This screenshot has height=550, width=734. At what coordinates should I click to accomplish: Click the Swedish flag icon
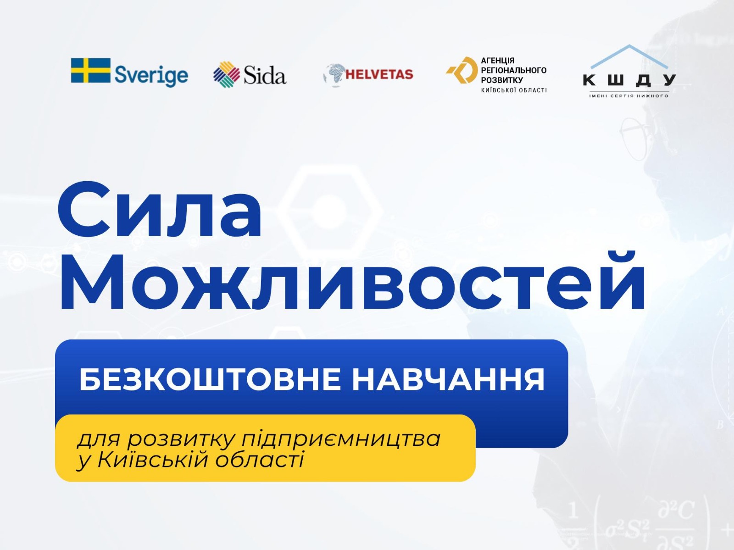click(91, 70)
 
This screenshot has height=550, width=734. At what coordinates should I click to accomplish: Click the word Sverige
click(151, 76)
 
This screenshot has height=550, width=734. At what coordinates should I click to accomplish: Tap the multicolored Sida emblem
click(226, 74)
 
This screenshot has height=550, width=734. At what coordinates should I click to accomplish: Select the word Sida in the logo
click(265, 75)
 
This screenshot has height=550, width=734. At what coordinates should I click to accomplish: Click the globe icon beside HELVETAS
click(334, 75)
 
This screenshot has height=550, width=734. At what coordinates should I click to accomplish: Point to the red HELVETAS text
click(379, 74)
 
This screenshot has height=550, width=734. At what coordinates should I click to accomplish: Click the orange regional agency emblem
click(462, 70)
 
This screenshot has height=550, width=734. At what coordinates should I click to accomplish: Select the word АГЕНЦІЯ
click(498, 61)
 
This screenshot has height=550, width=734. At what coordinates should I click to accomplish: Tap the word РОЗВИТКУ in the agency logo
click(501, 80)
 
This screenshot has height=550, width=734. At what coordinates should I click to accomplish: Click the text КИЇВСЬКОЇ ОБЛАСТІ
click(514, 90)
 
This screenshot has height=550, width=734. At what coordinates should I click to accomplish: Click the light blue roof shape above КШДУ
click(629, 56)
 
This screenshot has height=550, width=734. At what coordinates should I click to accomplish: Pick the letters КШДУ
click(629, 80)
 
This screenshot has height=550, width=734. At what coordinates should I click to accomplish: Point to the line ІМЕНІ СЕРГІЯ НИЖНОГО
click(629, 96)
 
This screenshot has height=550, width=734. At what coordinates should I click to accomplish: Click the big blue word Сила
click(159, 210)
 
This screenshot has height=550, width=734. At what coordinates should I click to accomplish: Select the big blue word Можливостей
click(352, 282)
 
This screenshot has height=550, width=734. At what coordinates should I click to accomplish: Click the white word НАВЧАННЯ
click(448, 379)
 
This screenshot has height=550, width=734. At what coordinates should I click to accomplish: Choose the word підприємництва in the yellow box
click(341, 439)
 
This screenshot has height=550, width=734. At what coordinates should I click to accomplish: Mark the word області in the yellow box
click(260, 459)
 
